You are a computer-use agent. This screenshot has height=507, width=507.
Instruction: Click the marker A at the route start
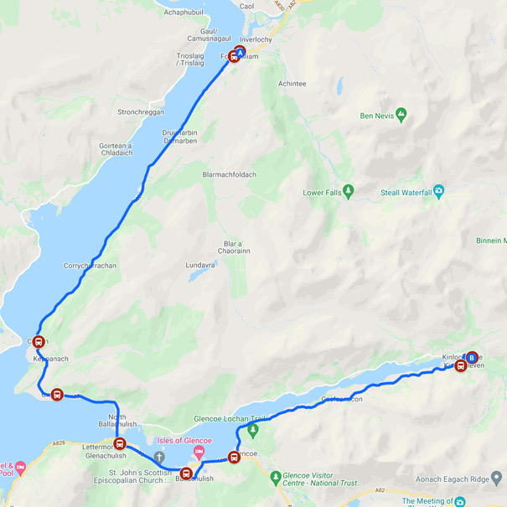pyautogui.click(x=241, y=52)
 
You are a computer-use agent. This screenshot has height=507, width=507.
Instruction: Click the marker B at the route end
pyautogui.click(x=472, y=357)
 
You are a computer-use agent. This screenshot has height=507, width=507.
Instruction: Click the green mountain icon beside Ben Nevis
pyautogui.click(x=401, y=114)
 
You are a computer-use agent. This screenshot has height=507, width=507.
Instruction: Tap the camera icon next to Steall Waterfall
pyautogui.click(x=438, y=193)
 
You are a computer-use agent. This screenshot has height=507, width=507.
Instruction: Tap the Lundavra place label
pyautogui.click(x=201, y=266)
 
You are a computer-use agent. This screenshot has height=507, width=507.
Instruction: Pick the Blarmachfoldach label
pyautogui.click(x=229, y=174)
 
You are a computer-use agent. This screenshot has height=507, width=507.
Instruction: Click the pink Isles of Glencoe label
pyautogui.click(x=184, y=441)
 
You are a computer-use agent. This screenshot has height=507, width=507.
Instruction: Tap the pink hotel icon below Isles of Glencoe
pyautogui.click(x=199, y=453)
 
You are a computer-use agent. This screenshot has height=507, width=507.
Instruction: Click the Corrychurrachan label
pyautogui.click(x=89, y=266)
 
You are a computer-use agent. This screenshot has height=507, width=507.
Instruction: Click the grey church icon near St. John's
pyautogui.click(x=158, y=453)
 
